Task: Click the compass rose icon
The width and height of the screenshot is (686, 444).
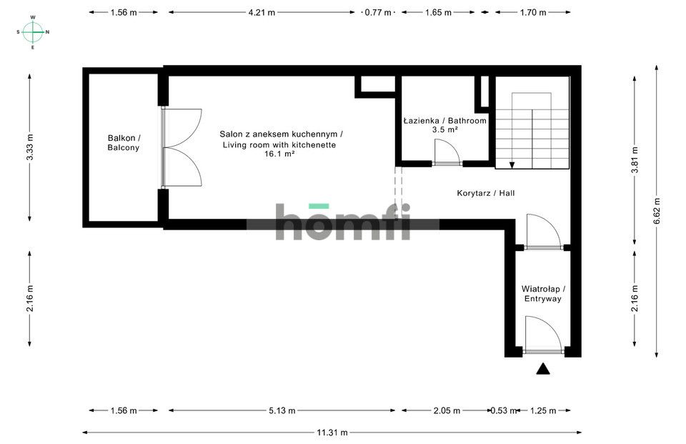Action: click(x=33, y=31)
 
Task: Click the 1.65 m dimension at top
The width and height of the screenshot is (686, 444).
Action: click(x=437, y=12)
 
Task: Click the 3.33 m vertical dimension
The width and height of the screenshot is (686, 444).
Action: click(x=29, y=148)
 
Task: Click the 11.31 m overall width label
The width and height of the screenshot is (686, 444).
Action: click(x=332, y=432)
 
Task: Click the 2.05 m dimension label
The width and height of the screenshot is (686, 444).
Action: click(x=446, y=410)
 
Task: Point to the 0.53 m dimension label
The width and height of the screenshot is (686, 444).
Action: click(x=499, y=410)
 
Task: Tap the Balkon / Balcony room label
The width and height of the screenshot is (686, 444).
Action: click(x=124, y=142)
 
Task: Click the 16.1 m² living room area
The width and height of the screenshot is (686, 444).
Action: click(x=280, y=154)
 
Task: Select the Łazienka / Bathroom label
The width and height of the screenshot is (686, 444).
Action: click(x=444, y=121)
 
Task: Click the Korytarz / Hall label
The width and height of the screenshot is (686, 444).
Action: click(x=486, y=193)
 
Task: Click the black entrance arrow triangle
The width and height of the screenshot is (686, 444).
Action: click(x=543, y=369)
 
